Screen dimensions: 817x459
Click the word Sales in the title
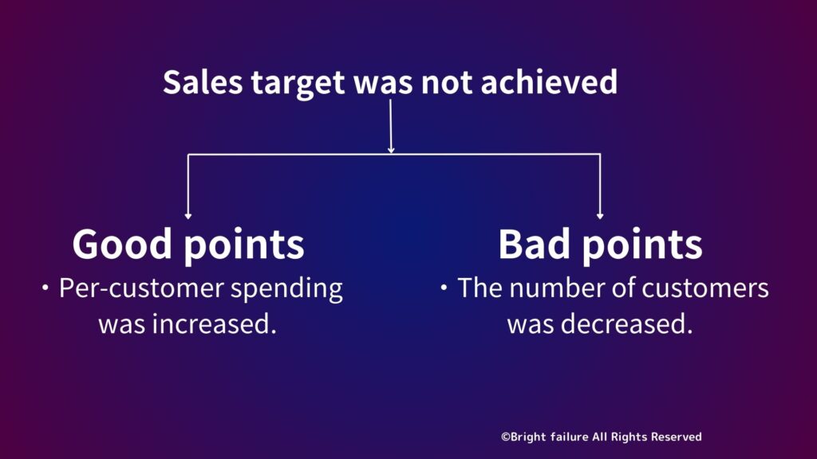point(203,82)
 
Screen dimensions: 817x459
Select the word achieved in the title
point(549,82)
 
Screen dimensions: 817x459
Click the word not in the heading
point(447,83)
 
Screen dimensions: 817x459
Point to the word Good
point(122,244)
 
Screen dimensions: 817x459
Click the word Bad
point(534,244)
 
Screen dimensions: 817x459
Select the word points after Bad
point(642,245)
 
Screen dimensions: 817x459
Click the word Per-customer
point(141,289)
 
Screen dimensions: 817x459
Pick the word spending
point(286,290)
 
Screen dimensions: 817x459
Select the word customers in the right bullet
point(705,289)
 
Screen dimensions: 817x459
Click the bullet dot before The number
point(444,287)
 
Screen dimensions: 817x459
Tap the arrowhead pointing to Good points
point(188,216)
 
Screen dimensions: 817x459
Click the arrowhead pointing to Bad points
point(600,216)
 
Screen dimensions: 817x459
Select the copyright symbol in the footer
point(505,437)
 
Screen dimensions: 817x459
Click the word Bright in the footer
point(528,437)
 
